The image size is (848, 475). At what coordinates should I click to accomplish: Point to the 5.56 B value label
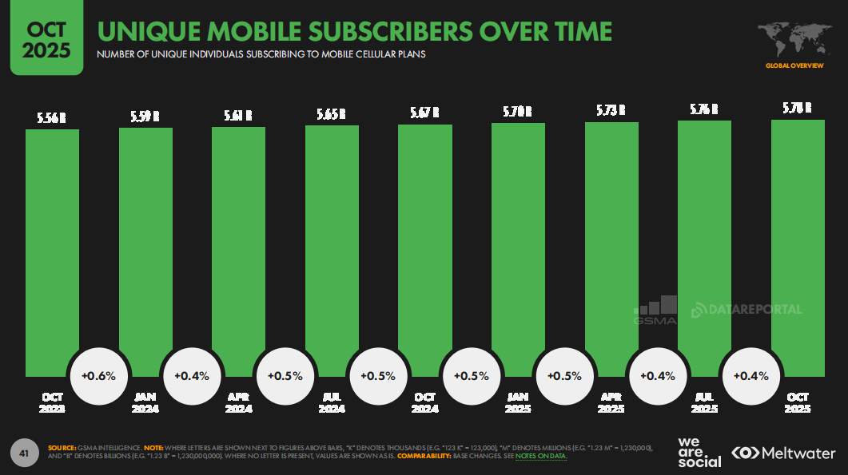point(52,117)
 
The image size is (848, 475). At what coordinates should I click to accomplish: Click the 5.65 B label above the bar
point(332,114)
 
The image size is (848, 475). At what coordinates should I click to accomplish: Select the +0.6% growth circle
point(99,375)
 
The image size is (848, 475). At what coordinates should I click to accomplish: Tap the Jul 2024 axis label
point(332,402)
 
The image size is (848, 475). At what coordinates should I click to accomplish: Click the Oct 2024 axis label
point(424,402)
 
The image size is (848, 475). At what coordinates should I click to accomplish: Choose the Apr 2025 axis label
point(611,402)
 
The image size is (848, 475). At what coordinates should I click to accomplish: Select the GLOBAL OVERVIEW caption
point(794,65)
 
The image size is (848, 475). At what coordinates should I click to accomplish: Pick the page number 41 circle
point(24,453)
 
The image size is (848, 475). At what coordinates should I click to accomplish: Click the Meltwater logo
point(784,453)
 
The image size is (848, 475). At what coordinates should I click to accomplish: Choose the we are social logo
point(699,453)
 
